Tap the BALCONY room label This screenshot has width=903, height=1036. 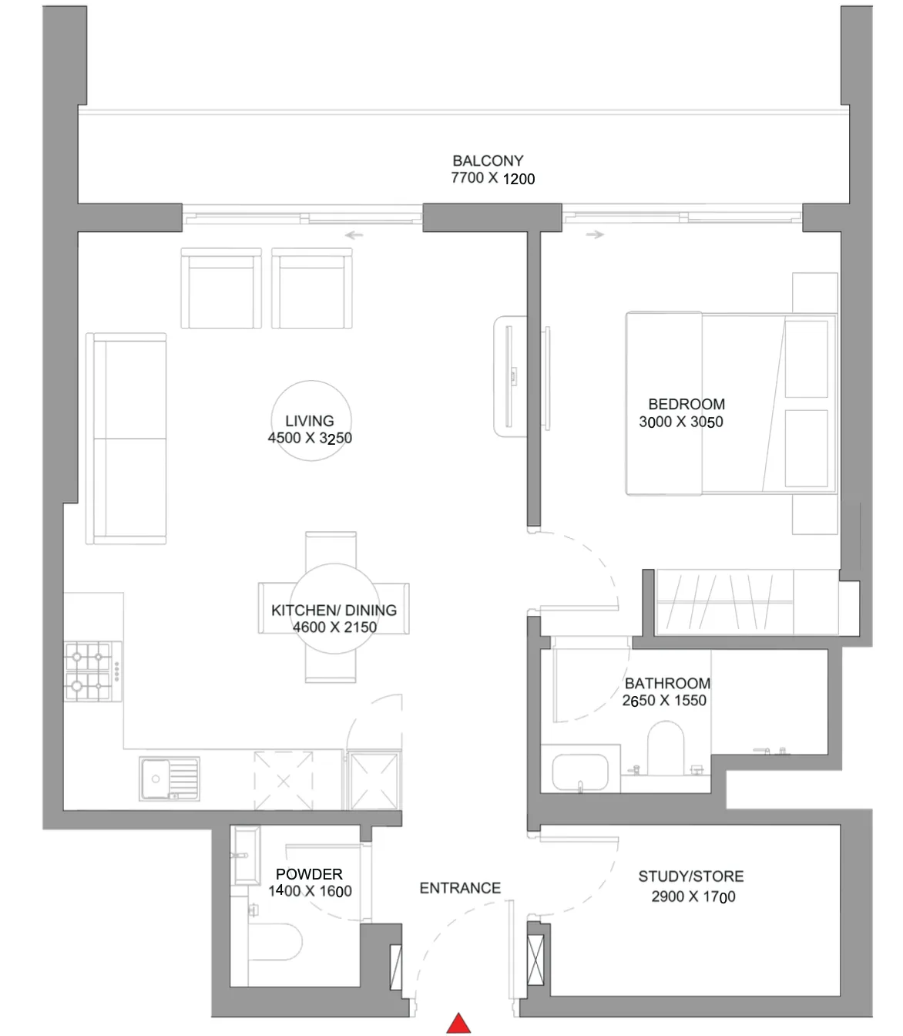coord(488,161)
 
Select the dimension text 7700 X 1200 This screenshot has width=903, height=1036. coord(492,178)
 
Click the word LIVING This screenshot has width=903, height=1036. coord(309,421)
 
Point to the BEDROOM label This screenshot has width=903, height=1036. coord(686,404)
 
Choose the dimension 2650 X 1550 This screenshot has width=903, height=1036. coord(664,700)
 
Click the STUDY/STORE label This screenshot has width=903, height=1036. coord(691,876)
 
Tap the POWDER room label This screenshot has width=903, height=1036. coord(309,874)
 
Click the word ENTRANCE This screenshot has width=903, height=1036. coord(460,888)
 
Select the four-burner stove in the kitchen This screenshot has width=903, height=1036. coord(92,671)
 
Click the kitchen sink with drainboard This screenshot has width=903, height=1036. coord(170,779)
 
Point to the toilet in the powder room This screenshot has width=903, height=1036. coord(275,942)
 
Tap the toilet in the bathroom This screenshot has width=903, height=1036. coord(666,748)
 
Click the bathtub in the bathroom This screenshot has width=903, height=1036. coord(580,772)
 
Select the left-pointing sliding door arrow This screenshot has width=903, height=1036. coord(354,235)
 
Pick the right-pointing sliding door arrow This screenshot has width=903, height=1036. coord(596,234)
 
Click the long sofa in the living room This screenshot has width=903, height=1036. coord(126,439)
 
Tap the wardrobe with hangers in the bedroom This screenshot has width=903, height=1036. coord(723,602)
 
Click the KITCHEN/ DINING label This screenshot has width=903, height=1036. coord(334,610)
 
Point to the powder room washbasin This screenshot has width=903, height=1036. coord(246,855)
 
